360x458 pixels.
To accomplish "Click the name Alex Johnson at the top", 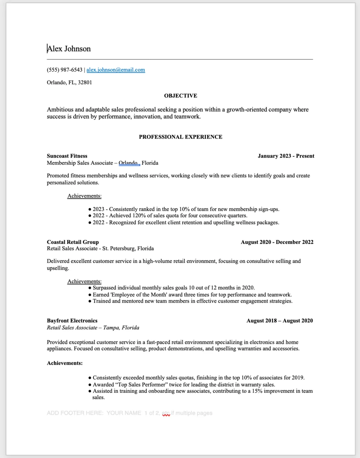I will (x=69, y=49).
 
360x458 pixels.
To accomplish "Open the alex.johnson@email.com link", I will (x=116, y=70).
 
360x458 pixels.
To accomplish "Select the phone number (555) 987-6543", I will (x=64, y=70).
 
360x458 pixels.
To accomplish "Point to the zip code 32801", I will (x=85, y=82).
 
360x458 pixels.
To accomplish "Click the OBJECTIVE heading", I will (x=181, y=96).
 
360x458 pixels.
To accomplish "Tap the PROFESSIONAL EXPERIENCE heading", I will (x=181, y=137).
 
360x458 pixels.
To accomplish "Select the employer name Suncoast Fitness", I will (x=67, y=156).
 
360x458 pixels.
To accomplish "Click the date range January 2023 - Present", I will (x=286, y=156).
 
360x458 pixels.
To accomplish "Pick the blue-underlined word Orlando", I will (x=128, y=163).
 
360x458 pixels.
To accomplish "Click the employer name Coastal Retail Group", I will (x=73, y=242).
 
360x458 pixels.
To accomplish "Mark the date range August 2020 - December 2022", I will (x=277, y=242).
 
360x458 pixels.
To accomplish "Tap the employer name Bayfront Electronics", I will (x=72, y=320).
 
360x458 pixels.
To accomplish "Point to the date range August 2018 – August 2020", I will (x=279, y=320).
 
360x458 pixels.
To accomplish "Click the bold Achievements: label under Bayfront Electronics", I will (x=65, y=363).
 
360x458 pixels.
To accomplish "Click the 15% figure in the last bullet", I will (x=257, y=391).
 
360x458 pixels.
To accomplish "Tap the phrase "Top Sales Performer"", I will (x=130, y=385).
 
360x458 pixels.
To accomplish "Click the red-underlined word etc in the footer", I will (x=166, y=413).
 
